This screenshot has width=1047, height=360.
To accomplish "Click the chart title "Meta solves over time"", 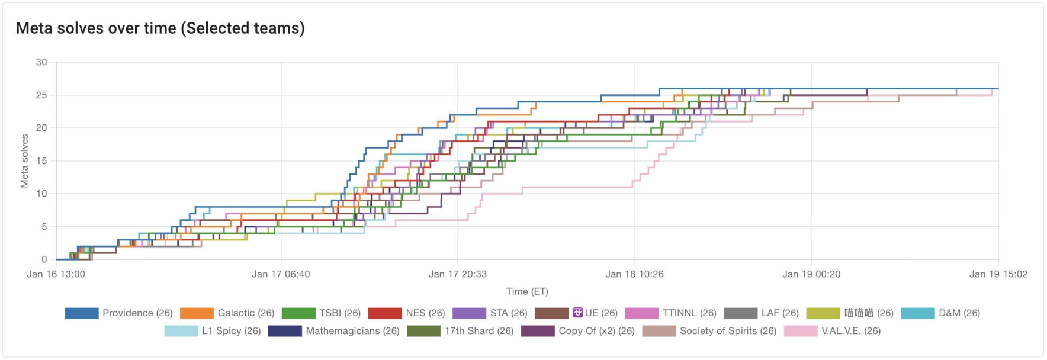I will (160, 28).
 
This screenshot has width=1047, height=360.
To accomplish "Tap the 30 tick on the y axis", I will (41, 62).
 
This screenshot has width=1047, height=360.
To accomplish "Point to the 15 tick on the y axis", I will (41, 161).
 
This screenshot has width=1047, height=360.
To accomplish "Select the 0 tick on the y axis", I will (44, 259).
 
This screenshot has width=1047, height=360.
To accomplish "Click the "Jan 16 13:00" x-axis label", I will (56, 274).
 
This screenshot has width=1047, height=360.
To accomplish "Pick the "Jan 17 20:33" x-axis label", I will (458, 274).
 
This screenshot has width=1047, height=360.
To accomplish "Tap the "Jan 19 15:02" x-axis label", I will (998, 274).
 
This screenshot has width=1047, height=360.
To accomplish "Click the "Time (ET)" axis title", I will (527, 291).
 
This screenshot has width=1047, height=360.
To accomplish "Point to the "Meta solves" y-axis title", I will (25, 161).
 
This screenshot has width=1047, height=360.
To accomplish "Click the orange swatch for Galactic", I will (197, 313).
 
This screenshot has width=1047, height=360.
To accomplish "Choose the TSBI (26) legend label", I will (340, 313).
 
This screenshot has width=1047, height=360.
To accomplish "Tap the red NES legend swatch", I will (385, 313).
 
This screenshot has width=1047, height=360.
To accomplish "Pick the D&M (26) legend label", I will (959, 313).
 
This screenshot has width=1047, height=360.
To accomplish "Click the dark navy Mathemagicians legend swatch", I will (285, 331).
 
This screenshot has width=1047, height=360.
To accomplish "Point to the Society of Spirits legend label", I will (728, 331).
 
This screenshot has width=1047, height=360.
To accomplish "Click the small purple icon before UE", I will (577, 313).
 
